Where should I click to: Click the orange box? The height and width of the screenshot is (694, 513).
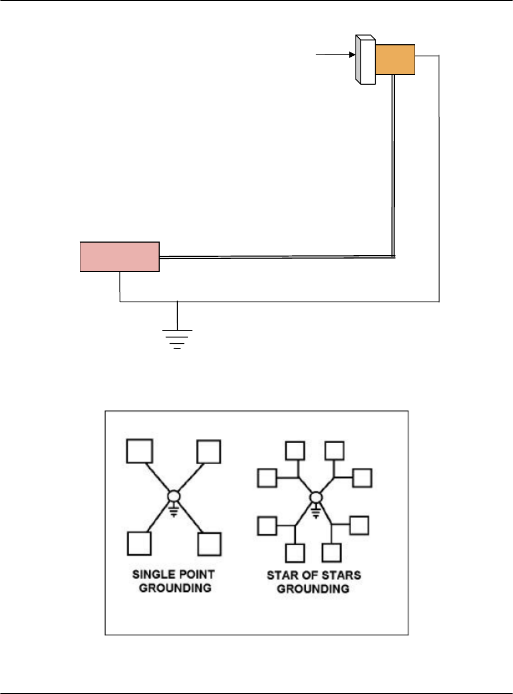coord(395,60)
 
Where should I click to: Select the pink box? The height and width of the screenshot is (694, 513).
coord(120,256)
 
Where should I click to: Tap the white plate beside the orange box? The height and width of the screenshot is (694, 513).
coord(365,60)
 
